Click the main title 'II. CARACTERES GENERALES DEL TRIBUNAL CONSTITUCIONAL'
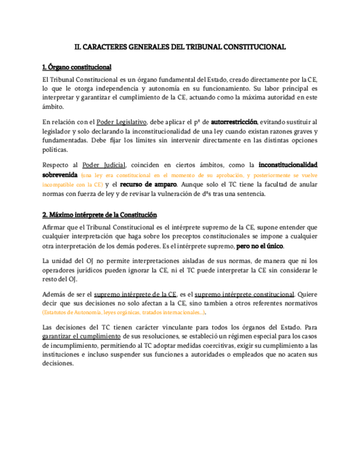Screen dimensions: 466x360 (x=180, y=47)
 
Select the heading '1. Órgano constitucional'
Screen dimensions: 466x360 (x=76, y=67)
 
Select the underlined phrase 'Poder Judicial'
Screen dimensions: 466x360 (x=104, y=165)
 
